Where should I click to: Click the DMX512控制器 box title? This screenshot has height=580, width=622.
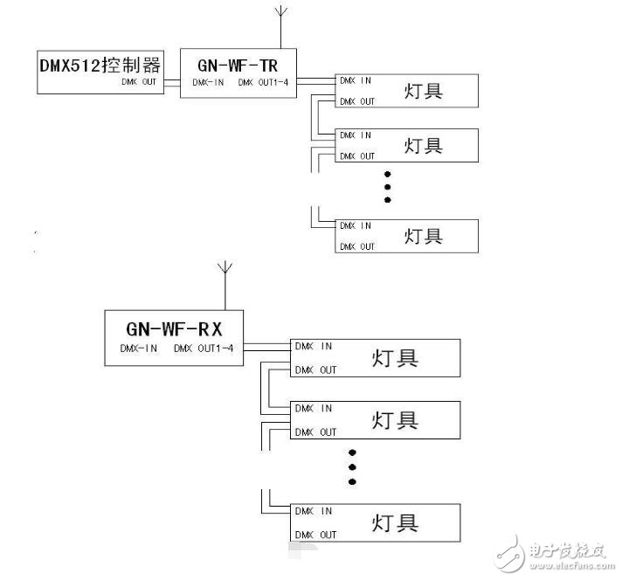click(100, 65)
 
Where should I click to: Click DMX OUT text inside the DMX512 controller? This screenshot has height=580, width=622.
click(140, 84)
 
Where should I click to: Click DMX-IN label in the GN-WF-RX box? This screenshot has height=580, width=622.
click(139, 349)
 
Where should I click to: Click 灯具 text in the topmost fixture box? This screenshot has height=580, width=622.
click(423, 90)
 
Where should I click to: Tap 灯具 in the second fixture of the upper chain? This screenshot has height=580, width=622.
click(423, 145)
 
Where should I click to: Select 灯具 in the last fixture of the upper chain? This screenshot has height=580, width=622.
click(423, 236)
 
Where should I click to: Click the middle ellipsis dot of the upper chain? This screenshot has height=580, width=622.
click(388, 186)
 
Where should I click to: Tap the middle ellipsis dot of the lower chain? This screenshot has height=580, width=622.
click(353, 467)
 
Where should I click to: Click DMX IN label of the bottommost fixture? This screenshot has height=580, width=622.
click(314, 511)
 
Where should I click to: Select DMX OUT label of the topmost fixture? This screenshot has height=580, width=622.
click(356, 101)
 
